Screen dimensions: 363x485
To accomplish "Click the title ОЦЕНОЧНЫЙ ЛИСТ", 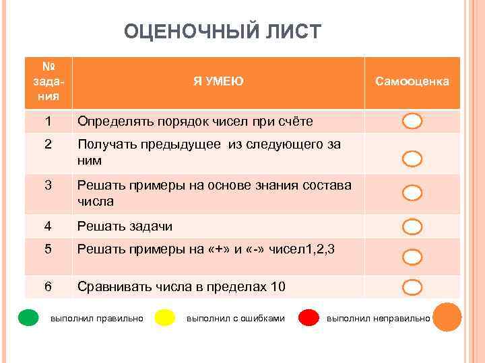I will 223,32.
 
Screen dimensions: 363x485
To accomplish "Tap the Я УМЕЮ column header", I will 218,82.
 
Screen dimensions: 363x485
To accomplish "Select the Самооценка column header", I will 412,82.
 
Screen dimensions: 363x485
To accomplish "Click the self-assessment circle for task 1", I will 412,122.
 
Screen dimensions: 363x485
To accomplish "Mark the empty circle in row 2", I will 412,159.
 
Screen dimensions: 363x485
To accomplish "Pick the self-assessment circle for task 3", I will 412,194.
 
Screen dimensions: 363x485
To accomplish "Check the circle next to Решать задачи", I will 412,227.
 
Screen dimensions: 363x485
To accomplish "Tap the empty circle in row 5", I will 412,257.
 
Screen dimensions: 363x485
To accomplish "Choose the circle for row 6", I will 412,288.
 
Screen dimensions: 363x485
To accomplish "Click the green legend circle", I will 28,317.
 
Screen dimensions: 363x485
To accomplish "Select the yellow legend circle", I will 165,317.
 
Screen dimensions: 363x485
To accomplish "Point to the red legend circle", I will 309,317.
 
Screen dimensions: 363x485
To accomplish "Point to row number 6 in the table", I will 48,287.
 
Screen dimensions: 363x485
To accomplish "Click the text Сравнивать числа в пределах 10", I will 181,287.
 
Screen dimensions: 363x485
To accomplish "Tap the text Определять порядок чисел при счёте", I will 195,122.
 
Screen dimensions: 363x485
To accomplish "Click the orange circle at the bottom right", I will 447,317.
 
